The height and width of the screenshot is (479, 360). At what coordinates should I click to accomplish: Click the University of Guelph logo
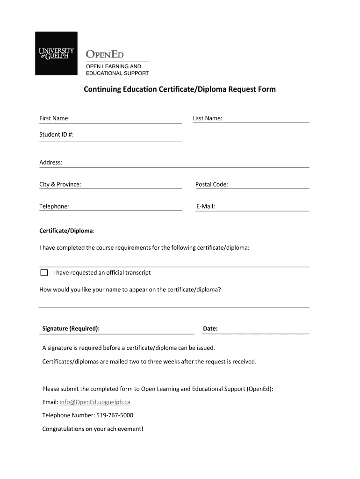point(56,53)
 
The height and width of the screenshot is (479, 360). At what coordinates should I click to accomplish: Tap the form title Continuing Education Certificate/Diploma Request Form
point(180,89)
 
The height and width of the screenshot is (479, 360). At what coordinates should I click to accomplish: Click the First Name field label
point(54,118)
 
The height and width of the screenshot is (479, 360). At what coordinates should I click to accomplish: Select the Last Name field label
point(207,118)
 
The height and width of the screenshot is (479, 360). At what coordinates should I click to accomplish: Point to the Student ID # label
point(56,135)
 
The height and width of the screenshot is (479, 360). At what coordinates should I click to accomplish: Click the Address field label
point(50,162)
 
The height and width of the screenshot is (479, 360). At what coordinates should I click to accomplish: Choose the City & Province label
point(60,184)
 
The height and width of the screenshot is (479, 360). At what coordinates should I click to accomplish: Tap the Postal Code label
point(211,184)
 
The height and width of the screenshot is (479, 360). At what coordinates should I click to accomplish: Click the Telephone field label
point(54,206)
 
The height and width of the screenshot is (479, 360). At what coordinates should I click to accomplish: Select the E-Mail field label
point(205,206)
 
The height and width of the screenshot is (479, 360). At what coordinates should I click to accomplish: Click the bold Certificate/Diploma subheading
point(66,231)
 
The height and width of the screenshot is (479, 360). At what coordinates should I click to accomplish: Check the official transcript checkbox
point(44,273)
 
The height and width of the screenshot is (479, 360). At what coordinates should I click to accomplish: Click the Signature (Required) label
point(71,329)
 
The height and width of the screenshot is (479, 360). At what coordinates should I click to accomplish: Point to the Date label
point(210,329)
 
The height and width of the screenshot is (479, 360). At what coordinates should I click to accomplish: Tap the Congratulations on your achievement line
point(93,428)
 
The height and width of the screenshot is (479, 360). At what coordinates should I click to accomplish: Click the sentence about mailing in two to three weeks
point(149,362)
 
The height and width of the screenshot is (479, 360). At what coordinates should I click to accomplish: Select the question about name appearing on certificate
point(130,290)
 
